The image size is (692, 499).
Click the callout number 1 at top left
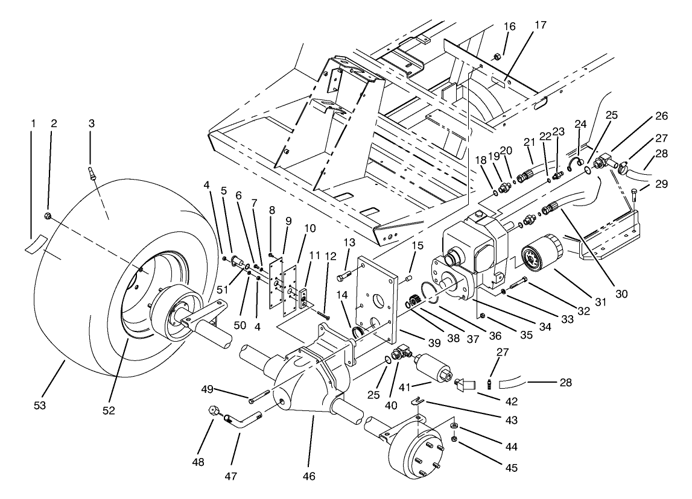pos(34,124)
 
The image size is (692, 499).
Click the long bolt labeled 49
pos(258,397)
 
